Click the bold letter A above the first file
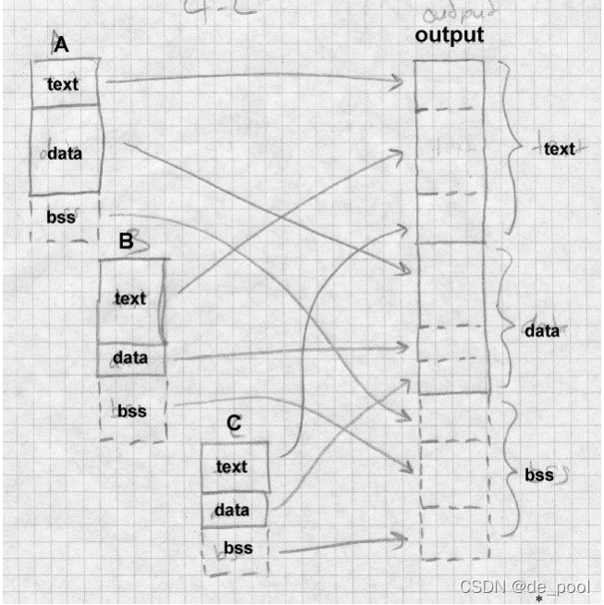(x=61, y=44)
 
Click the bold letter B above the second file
(x=127, y=241)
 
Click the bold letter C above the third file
(x=234, y=424)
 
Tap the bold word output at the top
(x=449, y=35)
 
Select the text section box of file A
(x=65, y=84)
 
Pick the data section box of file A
(x=65, y=153)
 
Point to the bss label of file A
(x=61, y=218)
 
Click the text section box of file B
(x=131, y=298)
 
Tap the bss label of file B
(x=132, y=410)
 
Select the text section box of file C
(x=234, y=467)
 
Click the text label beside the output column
(x=559, y=148)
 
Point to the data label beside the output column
(x=541, y=330)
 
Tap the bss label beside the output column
(x=538, y=475)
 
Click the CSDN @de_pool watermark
(x=524, y=587)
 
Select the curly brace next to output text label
(x=512, y=148)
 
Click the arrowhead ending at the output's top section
(x=400, y=82)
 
